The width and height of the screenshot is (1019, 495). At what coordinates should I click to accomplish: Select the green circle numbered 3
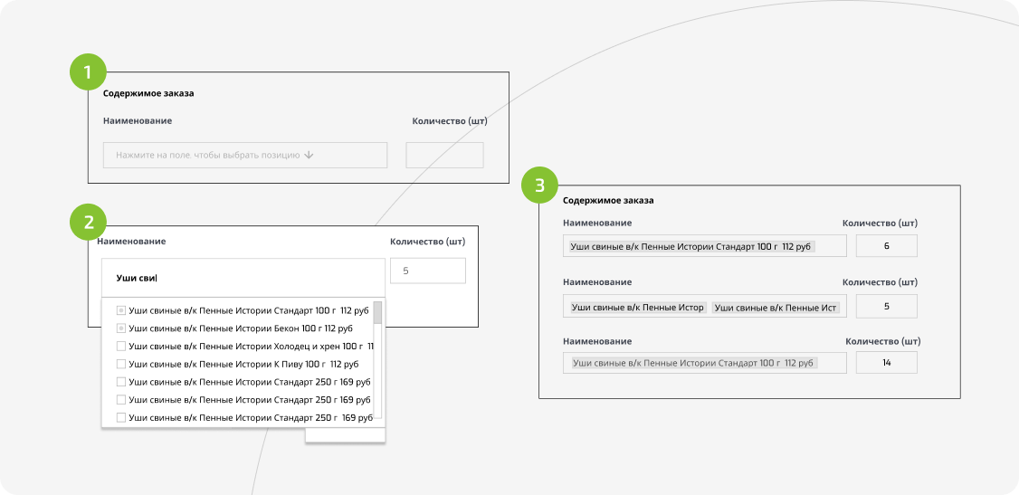pyautogui.click(x=539, y=186)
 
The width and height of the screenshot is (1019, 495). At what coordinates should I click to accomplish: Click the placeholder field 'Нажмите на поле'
pyautogui.click(x=245, y=156)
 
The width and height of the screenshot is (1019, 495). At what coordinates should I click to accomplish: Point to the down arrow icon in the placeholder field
pyautogui.click(x=309, y=156)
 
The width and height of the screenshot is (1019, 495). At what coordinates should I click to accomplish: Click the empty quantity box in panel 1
pyautogui.click(x=444, y=156)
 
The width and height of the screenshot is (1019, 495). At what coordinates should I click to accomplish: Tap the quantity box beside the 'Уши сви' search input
pyautogui.click(x=428, y=271)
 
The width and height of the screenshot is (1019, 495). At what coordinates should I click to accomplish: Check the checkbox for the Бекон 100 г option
pyautogui.click(x=121, y=328)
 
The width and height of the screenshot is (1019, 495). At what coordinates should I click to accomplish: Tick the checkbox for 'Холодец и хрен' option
pyautogui.click(x=121, y=347)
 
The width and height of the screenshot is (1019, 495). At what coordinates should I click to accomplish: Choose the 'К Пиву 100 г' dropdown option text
pyautogui.click(x=243, y=365)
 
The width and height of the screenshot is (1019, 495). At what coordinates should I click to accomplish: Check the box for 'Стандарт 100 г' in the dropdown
pyautogui.click(x=121, y=309)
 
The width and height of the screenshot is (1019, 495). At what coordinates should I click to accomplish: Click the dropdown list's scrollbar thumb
pyautogui.click(x=377, y=312)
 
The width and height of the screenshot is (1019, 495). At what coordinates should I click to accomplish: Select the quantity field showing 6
pyautogui.click(x=887, y=246)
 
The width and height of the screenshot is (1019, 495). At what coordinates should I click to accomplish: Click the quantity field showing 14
pyautogui.click(x=887, y=363)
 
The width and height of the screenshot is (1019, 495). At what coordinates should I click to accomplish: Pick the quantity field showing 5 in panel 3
pyautogui.click(x=887, y=306)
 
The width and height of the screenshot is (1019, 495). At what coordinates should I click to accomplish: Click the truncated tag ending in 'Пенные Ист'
pyautogui.click(x=776, y=308)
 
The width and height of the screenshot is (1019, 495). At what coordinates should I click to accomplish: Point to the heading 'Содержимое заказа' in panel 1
pyautogui.click(x=148, y=93)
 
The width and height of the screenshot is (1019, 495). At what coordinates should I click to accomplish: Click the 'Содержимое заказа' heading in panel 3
pyautogui.click(x=608, y=200)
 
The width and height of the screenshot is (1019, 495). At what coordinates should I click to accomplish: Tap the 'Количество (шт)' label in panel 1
pyautogui.click(x=450, y=121)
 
